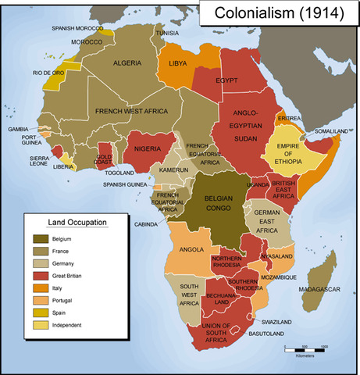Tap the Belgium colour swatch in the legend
click(x=39, y=237)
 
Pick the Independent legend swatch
click(x=39, y=325)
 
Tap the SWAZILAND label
click(x=276, y=321)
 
